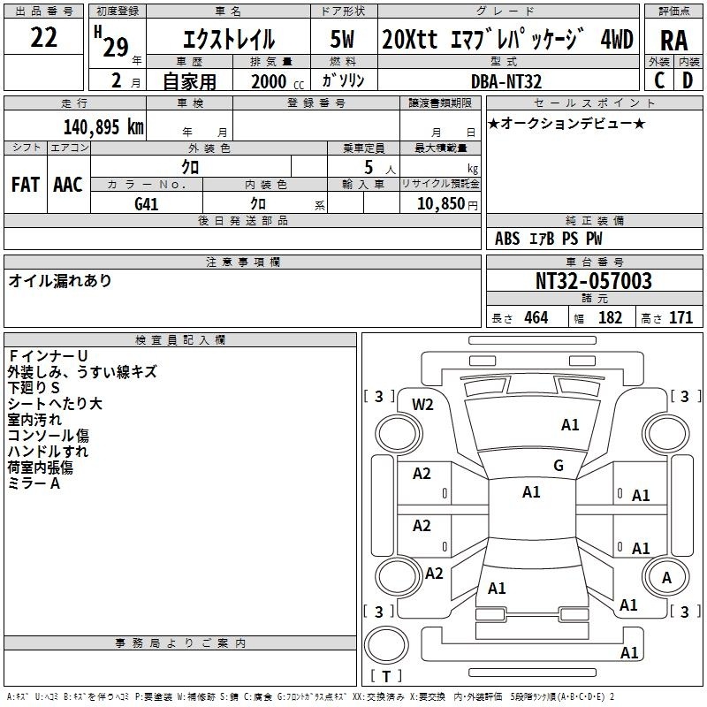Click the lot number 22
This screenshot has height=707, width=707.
(43, 37)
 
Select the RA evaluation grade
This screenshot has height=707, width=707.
(674, 41)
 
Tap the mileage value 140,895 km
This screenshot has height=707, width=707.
(103, 127)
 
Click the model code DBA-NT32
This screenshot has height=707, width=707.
(506, 81)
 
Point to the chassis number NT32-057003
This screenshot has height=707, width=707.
(594, 281)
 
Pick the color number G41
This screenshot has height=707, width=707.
(147, 204)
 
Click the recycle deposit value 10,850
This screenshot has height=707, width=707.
(441, 203)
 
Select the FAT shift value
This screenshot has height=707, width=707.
(26, 185)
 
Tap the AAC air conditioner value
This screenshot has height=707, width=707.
(68, 185)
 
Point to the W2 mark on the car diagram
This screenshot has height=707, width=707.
(422, 405)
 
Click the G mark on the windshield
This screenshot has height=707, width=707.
(559, 466)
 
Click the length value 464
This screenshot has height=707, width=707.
(536, 318)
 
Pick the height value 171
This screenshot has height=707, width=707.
(680, 318)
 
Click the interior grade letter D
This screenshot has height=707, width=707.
(688, 80)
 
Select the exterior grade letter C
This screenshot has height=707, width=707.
(659, 80)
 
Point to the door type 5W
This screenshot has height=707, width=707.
(342, 39)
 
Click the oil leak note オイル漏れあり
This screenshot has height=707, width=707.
(59, 281)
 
